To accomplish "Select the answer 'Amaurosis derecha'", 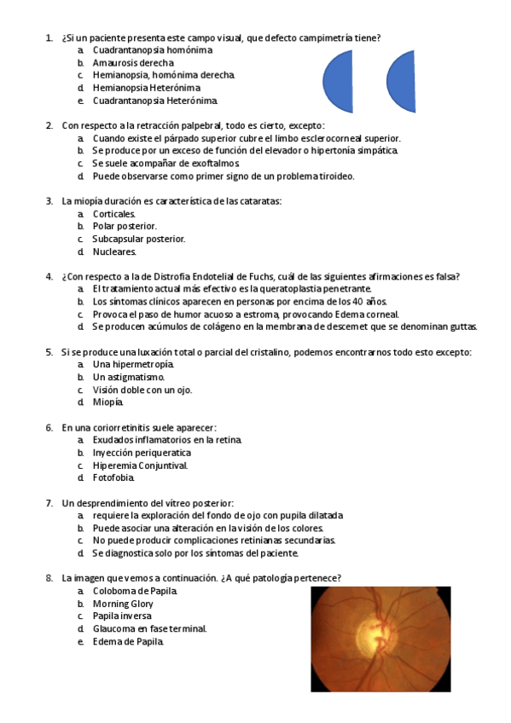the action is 134,63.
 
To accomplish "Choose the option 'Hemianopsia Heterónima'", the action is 147,88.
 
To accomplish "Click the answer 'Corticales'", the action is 114,213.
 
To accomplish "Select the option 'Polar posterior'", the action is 125,226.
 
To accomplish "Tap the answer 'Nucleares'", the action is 114,252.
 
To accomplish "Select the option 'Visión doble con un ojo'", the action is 142,390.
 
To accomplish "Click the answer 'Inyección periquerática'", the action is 142,453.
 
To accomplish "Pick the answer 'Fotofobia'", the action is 114,477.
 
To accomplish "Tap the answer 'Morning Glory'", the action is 123,604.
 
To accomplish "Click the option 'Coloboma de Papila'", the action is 135,591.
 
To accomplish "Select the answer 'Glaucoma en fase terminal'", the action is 149,628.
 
